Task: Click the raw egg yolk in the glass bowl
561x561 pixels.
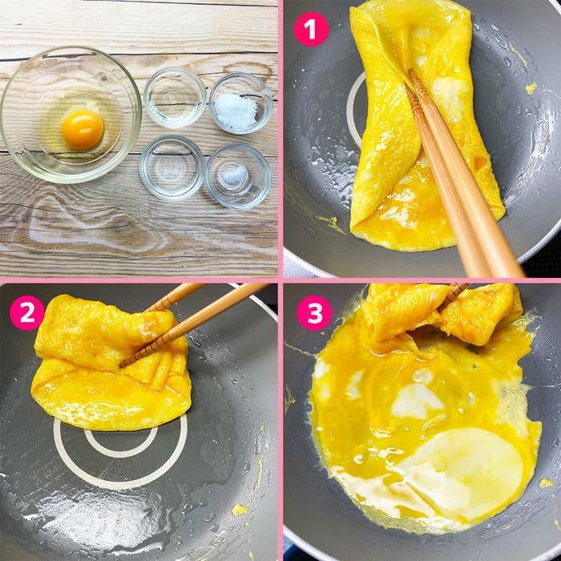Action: coord(83,130)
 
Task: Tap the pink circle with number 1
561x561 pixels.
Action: coord(311,30)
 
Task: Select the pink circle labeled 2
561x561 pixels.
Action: coord(27,313)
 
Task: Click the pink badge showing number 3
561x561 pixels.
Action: coord(314,313)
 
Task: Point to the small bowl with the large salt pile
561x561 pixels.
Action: coord(240,103)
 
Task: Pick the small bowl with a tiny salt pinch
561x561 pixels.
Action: coord(238,176)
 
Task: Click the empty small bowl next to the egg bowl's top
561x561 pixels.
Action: coord(175,98)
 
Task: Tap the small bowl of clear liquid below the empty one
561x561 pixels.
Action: coord(172,168)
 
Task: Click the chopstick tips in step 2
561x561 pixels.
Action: coord(123,364)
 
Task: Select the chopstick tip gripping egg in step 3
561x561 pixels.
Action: coord(442,307)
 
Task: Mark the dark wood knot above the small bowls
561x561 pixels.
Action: coord(248,67)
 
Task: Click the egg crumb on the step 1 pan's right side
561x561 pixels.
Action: coord(531,88)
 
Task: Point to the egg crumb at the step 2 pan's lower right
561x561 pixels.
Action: coord(239,510)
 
